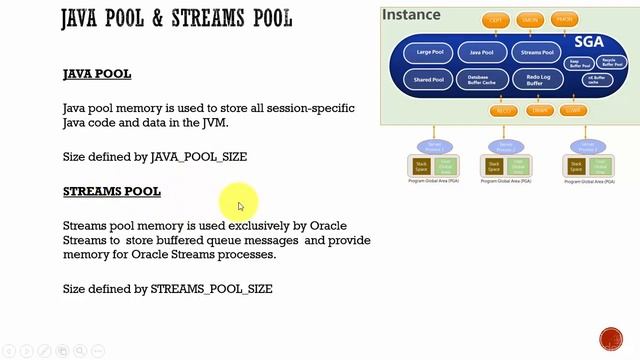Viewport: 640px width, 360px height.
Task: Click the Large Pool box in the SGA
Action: pyautogui.click(x=429, y=52)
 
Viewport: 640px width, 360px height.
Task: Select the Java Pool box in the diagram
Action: pyautogui.click(x=482, y=52)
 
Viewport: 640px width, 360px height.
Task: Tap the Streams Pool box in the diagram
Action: pyautogui.click(x=537, y=52)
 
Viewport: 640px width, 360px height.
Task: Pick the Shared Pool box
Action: pyautogui.click(x=429, y=79)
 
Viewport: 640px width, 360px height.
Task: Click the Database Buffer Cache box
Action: pyautogui.click(x=482, y=80)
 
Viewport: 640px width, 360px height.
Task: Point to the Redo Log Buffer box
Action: pyautogui.click(x=537, y=80)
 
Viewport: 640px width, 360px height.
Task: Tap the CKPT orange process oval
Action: pyautogui.click(x=495, y=20)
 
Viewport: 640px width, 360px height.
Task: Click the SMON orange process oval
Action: pyautogui.click(x=530, y=20)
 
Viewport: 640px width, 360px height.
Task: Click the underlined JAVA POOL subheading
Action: pyautogui.click(x=97, y=74)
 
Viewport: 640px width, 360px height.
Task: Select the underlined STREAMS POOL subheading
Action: pyautogui.click(x=111, y=191)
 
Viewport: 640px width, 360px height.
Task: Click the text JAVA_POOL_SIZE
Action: pyautogui.click(x=198, y=157)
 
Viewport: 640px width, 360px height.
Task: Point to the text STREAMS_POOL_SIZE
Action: pyautogui.click(x=211, y=289)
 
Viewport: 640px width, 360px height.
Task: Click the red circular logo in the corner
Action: pyautogui.click(x=610, y=338)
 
